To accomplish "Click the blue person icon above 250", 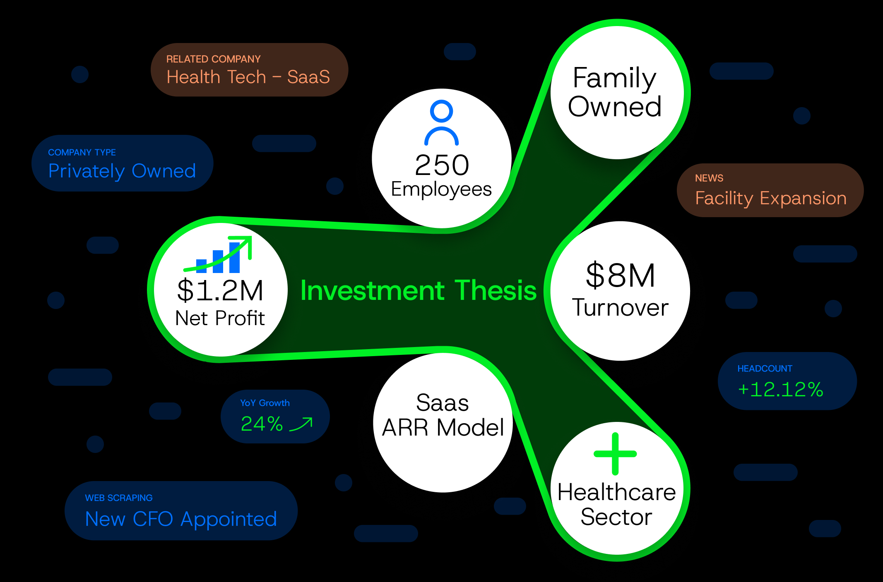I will click(x=441, y=122).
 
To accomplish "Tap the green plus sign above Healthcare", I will click(x=615, y=454).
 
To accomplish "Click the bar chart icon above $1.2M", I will click(x=219, y=256).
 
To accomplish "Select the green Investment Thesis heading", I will click(x=418, y=290).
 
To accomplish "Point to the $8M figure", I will click(x=620, y=275).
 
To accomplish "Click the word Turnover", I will click(x=620, y=308).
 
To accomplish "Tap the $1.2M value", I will click(x=220, y=290).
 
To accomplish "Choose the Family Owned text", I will click(x=615, y=92).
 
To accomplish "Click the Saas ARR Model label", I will click(x=443, y=415).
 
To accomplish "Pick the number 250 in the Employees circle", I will click(x=442, y=165).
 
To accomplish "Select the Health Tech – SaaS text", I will click(x=248, y=77).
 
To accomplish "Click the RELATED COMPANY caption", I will click(x=213, y=59).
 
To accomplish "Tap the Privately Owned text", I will click(x=122, y=171).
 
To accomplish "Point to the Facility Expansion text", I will click(x=771, y=198).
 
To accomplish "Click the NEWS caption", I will click(x=709, y=178).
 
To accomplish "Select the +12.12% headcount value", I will click(x=780, y=390).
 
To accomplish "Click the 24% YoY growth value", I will click(x=262, y=424).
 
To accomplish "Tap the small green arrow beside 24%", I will click(x=301, y=424).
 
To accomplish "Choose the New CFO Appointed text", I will click(x=181, y=519).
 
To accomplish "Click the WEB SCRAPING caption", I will click(x=119, y=498).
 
